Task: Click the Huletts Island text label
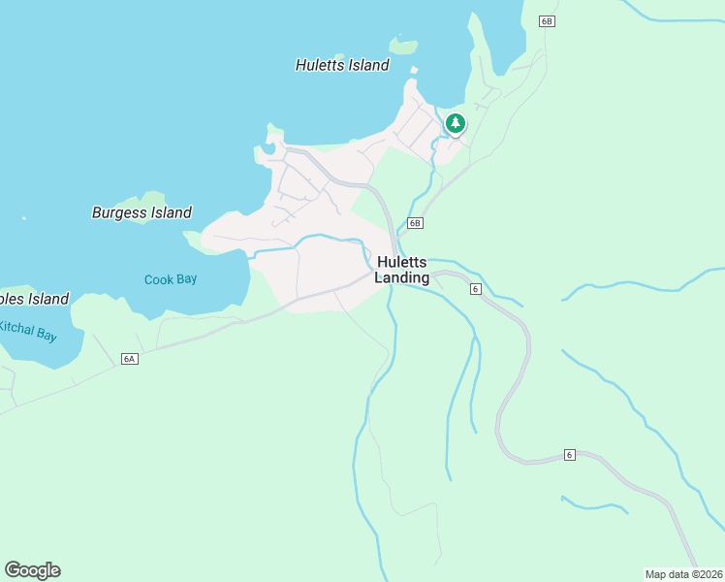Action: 342,66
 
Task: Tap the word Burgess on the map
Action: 118,212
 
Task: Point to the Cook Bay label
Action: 171,279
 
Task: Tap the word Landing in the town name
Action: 402,278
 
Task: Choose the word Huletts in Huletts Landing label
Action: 402,262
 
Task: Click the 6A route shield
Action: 130,359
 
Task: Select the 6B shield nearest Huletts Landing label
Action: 415,223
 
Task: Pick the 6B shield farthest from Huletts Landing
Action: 547,21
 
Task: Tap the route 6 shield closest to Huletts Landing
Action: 475,289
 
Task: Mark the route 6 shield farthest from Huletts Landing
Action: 570,455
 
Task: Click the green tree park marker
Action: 455,124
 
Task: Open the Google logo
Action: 32,570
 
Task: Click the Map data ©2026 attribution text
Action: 684,574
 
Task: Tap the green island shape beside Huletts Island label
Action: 402,46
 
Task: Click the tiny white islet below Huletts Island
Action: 414,70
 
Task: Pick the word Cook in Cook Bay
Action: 158,279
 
